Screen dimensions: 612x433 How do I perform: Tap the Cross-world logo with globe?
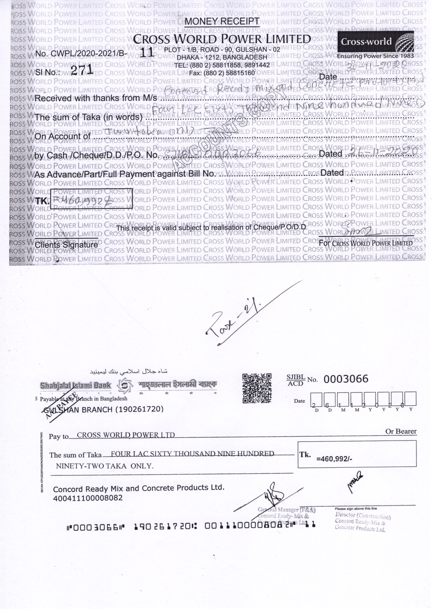point(376,42)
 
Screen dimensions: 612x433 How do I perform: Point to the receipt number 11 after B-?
point(147,52)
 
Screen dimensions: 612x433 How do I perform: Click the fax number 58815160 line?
point(222,73)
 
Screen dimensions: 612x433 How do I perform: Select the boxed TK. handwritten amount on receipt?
point(91,199)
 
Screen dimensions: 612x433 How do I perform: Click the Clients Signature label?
point(66,245)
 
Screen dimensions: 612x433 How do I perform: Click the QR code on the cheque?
point(257,388)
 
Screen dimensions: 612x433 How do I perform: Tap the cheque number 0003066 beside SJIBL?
point(346,379)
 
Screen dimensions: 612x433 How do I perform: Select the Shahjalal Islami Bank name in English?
point(75,385)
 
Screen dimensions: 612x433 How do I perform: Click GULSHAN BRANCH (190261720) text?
point(103,409)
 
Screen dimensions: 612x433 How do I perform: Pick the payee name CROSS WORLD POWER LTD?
point(126,435)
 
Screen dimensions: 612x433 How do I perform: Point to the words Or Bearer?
point(401,431)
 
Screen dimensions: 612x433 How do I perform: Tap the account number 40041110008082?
point(88,498)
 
